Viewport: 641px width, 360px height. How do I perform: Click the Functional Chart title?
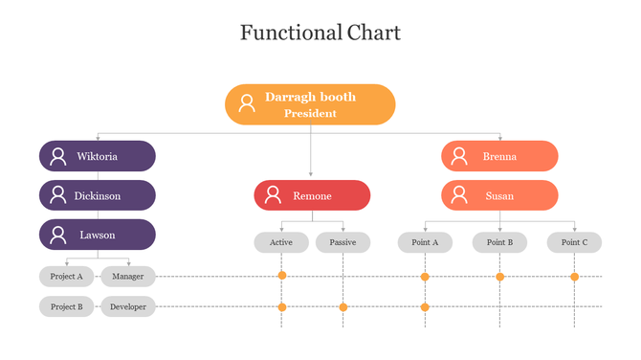[x=320, y=34]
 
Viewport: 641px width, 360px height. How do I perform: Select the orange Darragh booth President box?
[x=310, y=104]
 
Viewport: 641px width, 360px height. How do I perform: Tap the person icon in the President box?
[x=247, y=103]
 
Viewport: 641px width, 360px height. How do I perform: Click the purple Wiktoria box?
[x=98, y=156]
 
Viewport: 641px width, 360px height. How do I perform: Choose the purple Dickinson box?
[x=98, y=195]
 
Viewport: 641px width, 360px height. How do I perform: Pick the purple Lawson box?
[x=98, y=235]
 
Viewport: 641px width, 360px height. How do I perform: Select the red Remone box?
[x=312, y=195]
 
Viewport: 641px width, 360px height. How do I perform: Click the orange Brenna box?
[x=499, y=156]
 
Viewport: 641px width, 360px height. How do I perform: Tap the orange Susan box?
[x=499, y=195]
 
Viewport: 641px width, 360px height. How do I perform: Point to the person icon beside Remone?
[x=273, y=195]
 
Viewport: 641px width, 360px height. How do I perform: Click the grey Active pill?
[x=281, y=242]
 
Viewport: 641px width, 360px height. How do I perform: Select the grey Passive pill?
[x=343, y=242]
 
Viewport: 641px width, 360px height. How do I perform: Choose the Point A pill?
[x=425, y=242]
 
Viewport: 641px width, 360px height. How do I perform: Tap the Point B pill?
[x=499, y=242]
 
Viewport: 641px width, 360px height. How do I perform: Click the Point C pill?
[x=574, y=242]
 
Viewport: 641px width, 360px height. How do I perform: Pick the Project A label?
[x=67, y=277]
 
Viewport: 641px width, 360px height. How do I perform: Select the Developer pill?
[x=128, y=307]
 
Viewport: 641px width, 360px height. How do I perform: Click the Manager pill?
[x=128, y=277]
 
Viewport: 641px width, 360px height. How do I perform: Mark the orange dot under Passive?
[x=343, y=307]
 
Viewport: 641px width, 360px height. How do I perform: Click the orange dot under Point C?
[x=574, y=277]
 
